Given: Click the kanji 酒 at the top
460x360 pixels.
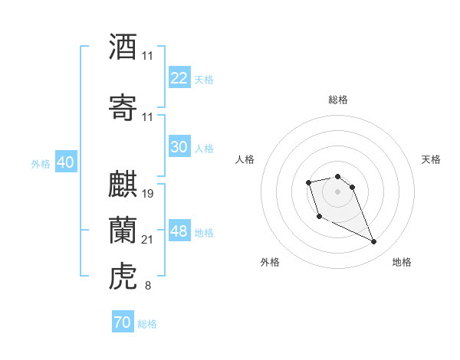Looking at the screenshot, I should [123, 47].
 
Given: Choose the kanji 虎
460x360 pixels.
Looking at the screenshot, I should [123, 276].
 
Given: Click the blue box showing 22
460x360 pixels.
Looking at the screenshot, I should [179, 78].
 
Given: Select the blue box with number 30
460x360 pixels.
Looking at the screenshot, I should [179, 147].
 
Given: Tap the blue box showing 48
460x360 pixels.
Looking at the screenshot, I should [179, 231].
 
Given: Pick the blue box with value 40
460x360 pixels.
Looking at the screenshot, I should [65, 162].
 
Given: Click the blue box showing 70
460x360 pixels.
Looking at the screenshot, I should [122, 322].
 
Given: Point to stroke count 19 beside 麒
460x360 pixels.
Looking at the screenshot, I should [149, 193].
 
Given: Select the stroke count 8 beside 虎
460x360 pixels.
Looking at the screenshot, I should [148, 286].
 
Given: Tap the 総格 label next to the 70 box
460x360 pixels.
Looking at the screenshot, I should [147, 324].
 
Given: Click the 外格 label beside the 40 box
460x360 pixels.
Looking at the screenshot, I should [41, 164].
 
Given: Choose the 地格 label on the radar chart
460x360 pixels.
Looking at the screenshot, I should [402, 262].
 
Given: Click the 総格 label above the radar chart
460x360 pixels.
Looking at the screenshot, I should [338, 100].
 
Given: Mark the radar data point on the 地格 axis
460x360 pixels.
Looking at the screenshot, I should [374, 242].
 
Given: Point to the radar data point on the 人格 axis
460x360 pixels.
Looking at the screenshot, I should [308, 182].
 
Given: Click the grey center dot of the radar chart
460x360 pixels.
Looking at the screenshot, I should [338, 191].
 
